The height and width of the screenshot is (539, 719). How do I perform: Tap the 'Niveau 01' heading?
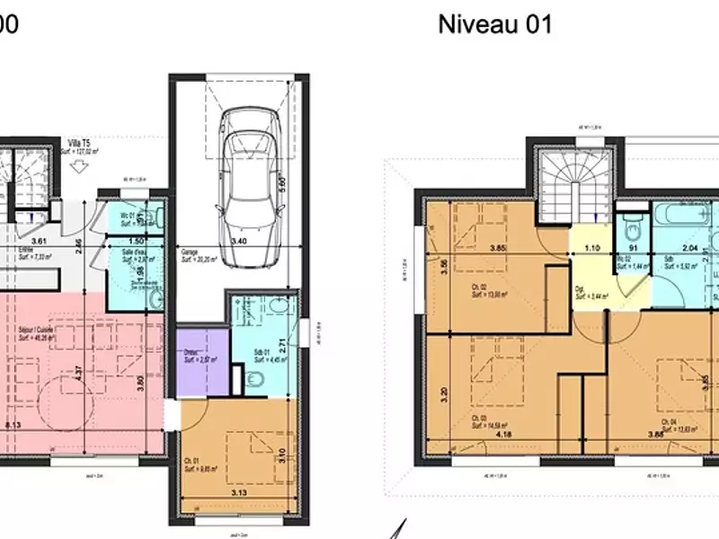(x=494, y=24)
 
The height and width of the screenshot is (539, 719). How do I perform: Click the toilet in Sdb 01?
(x=255, y=380)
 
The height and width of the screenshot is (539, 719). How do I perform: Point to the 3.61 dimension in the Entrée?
(x=38, y=241)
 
